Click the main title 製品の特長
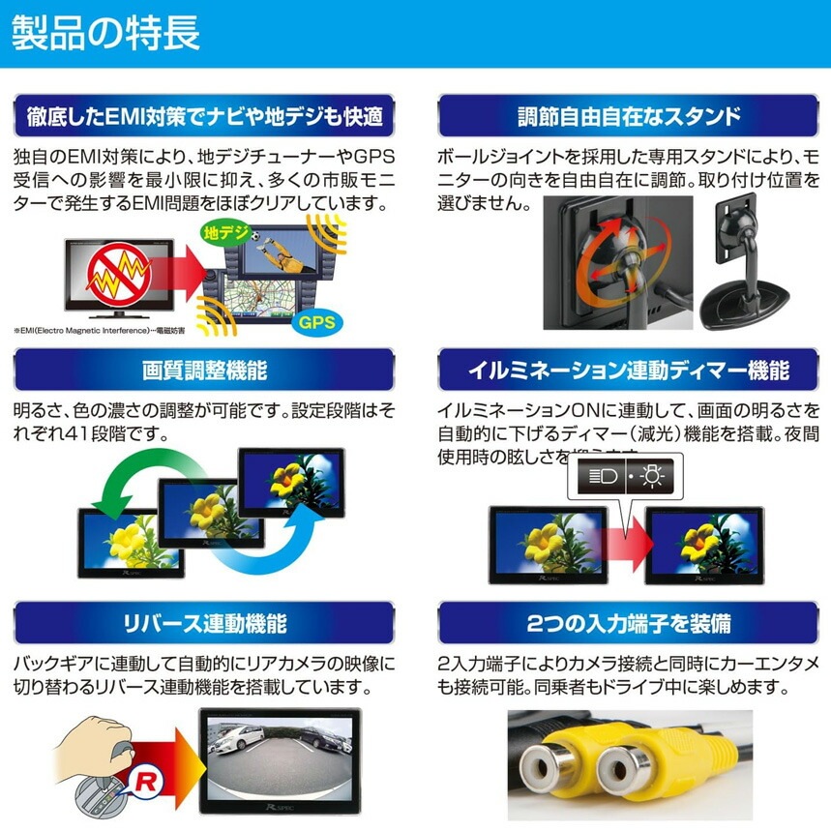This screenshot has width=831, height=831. [106, 33]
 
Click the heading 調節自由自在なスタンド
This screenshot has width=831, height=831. [629, 117]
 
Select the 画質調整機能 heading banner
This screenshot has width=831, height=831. [204, 370]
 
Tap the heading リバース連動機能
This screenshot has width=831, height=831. [204, 621]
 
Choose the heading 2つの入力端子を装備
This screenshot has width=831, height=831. [629, 621]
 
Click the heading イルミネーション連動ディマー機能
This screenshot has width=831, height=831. [629, 370]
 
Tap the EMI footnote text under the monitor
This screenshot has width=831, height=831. [111, 330]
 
